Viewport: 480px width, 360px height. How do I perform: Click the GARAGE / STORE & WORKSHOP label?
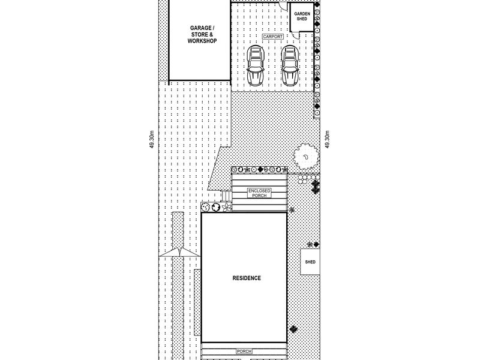[202, 34]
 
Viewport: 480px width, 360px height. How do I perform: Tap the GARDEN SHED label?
[302, 16]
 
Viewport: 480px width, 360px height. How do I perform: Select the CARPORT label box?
[273, 37]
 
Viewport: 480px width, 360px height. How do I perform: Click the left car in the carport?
[256, 65]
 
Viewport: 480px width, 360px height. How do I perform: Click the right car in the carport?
[290, 65]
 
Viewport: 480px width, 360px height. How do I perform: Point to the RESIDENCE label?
[247, 278]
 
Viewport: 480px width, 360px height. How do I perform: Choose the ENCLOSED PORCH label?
[259, 193]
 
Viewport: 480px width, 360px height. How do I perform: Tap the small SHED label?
[310, 262]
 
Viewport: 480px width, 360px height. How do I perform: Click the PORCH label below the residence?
[244, 351]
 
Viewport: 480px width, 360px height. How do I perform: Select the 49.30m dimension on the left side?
[152, 140]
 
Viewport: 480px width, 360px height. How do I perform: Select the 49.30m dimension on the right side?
[327, 140]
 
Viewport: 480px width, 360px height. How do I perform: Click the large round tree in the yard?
[305, 157]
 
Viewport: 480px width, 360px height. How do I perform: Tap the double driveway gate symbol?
[179, 252]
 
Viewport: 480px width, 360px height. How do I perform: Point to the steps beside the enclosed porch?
[227, 196]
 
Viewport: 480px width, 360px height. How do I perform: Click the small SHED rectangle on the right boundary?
[310, 262]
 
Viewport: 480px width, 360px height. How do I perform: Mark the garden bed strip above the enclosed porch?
[259, 169]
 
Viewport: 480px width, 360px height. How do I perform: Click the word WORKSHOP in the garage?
[202, 41]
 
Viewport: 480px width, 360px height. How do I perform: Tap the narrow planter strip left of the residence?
[197, 302]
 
